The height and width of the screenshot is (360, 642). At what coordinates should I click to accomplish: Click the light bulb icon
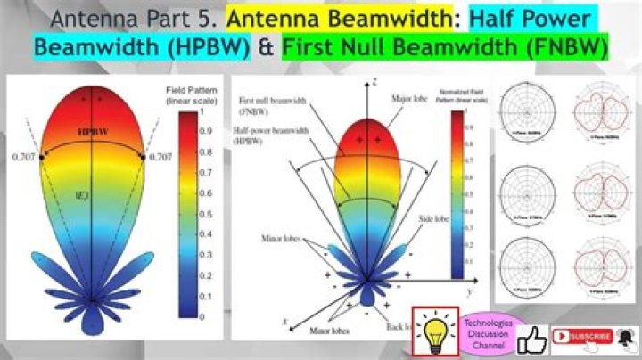[434, 331]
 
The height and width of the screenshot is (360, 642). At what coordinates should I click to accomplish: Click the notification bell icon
[626, 336]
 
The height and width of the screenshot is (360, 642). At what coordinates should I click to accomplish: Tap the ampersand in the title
[265, 47]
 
